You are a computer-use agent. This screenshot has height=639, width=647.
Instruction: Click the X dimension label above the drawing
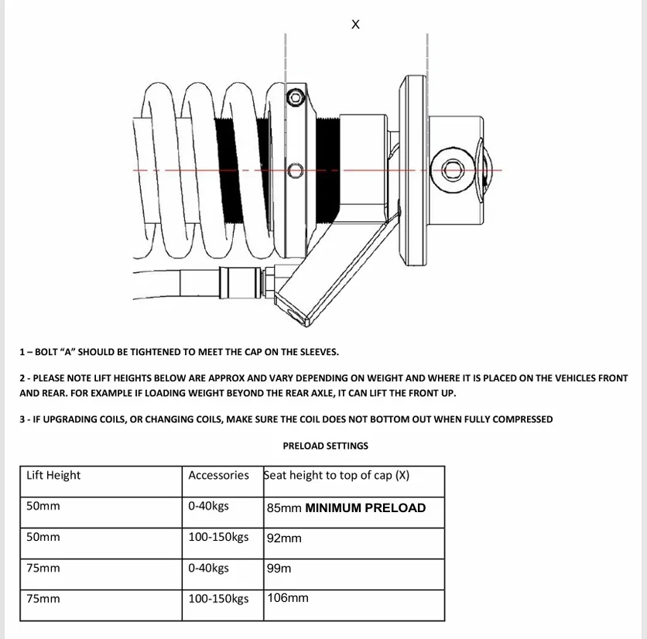(x=355, y=24)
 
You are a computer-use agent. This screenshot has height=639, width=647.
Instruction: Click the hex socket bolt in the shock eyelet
(x=453, y=169)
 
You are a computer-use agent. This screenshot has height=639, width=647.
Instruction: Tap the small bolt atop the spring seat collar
(x=295, y=97)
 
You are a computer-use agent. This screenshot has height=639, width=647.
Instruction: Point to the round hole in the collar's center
(x=296, y=170)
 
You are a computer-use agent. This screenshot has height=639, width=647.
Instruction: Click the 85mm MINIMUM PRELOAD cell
(x=354, y=512)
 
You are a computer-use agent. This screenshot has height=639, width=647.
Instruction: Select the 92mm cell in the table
(x=354, y=543)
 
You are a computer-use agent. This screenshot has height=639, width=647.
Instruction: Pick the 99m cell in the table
(x=354, y=574)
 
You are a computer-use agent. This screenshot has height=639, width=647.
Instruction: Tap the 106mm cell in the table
(x=354, y=605)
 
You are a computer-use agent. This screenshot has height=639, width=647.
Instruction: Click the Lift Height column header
(x=53, y=475)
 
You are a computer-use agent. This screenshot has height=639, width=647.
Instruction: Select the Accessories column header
(x=219, y=475)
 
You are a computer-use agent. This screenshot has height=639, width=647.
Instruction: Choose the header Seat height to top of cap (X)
(x=337, y=475)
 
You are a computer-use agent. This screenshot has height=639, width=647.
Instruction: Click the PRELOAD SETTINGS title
(x=326, y=446)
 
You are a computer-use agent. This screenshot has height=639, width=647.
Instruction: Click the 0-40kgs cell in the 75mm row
(x=208, y=568)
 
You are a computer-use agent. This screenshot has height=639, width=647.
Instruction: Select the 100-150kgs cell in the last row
(x=218, y=599)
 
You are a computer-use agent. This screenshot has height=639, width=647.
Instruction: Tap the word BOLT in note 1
(x=46, y=352)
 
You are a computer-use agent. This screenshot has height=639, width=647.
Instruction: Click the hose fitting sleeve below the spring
(x=240, y=282)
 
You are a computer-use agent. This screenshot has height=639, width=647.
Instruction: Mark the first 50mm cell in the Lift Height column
(x=43, y=506)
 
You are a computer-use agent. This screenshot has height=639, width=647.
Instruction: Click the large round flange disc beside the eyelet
(x=413, y=170)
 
